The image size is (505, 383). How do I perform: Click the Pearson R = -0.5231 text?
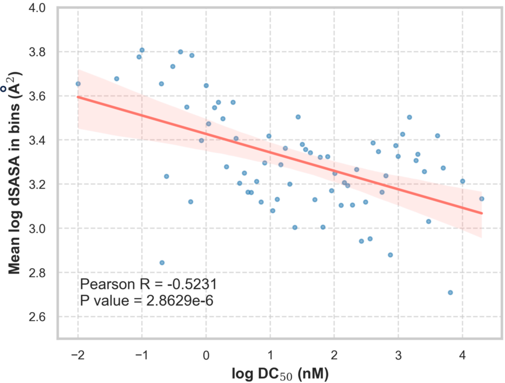pyautogui.click(x=148, y=284)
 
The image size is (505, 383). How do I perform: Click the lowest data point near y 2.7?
pyautogui.click(x=450, y=293)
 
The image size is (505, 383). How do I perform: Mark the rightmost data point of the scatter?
pyautogui.click(x=482, y=199)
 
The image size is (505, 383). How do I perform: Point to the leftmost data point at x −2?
pyautogui.click(x=78, y=84)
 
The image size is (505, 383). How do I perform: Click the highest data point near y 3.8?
pyautogui.click(x=142, y=50)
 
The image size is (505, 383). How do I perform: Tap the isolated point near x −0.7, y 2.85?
pyautogui.click(x=162, y=263)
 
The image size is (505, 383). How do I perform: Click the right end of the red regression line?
pyautogui.click(x=482, y=213)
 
